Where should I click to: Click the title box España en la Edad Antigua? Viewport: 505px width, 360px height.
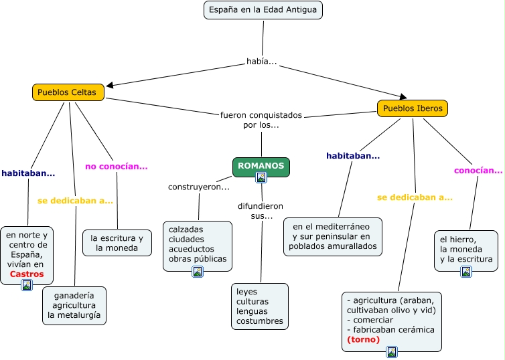pyautogui.click(x=263, y=10)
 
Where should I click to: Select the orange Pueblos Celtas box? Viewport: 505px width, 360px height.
pyautogui.click(x=68, y=92)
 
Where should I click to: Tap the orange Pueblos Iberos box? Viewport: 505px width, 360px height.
pyautogui.click(x=413, y=108)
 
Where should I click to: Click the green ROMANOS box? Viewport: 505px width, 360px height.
pyautogui.click(x=261, y=166)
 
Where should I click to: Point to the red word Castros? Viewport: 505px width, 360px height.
pyautogui.click(x=27, y=274)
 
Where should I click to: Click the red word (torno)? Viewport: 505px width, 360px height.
pyautogui.click(x=364, y=339)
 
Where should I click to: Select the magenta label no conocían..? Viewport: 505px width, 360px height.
pyautogui.click(x=116, y=166)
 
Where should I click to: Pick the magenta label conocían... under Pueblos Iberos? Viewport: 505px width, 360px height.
pyautogui.click(x=478, y=171)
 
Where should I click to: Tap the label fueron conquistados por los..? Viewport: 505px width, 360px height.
pyautogui.click(x=261, y=120)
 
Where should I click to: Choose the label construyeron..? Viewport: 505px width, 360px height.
pyautogui.click(x=198, y=187)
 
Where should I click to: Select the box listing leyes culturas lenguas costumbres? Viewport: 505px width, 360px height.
pyautogui.click(x=260, y=306)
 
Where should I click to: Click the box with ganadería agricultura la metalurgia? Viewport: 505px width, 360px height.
pyautogui.click(x=74, y=306)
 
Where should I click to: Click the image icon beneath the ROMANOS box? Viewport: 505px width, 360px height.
pyautogui.click(x=261, y=178)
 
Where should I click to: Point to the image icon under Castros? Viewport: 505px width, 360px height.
pyautogui.click(x=27, y=285)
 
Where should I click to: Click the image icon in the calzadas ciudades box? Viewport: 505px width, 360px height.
pyautogui.click(x=198, y=272)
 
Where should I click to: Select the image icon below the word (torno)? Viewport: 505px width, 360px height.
pyautogui.click(x=392, y=352)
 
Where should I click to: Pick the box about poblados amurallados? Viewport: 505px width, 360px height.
pyautogui.click(x=332, y=236)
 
